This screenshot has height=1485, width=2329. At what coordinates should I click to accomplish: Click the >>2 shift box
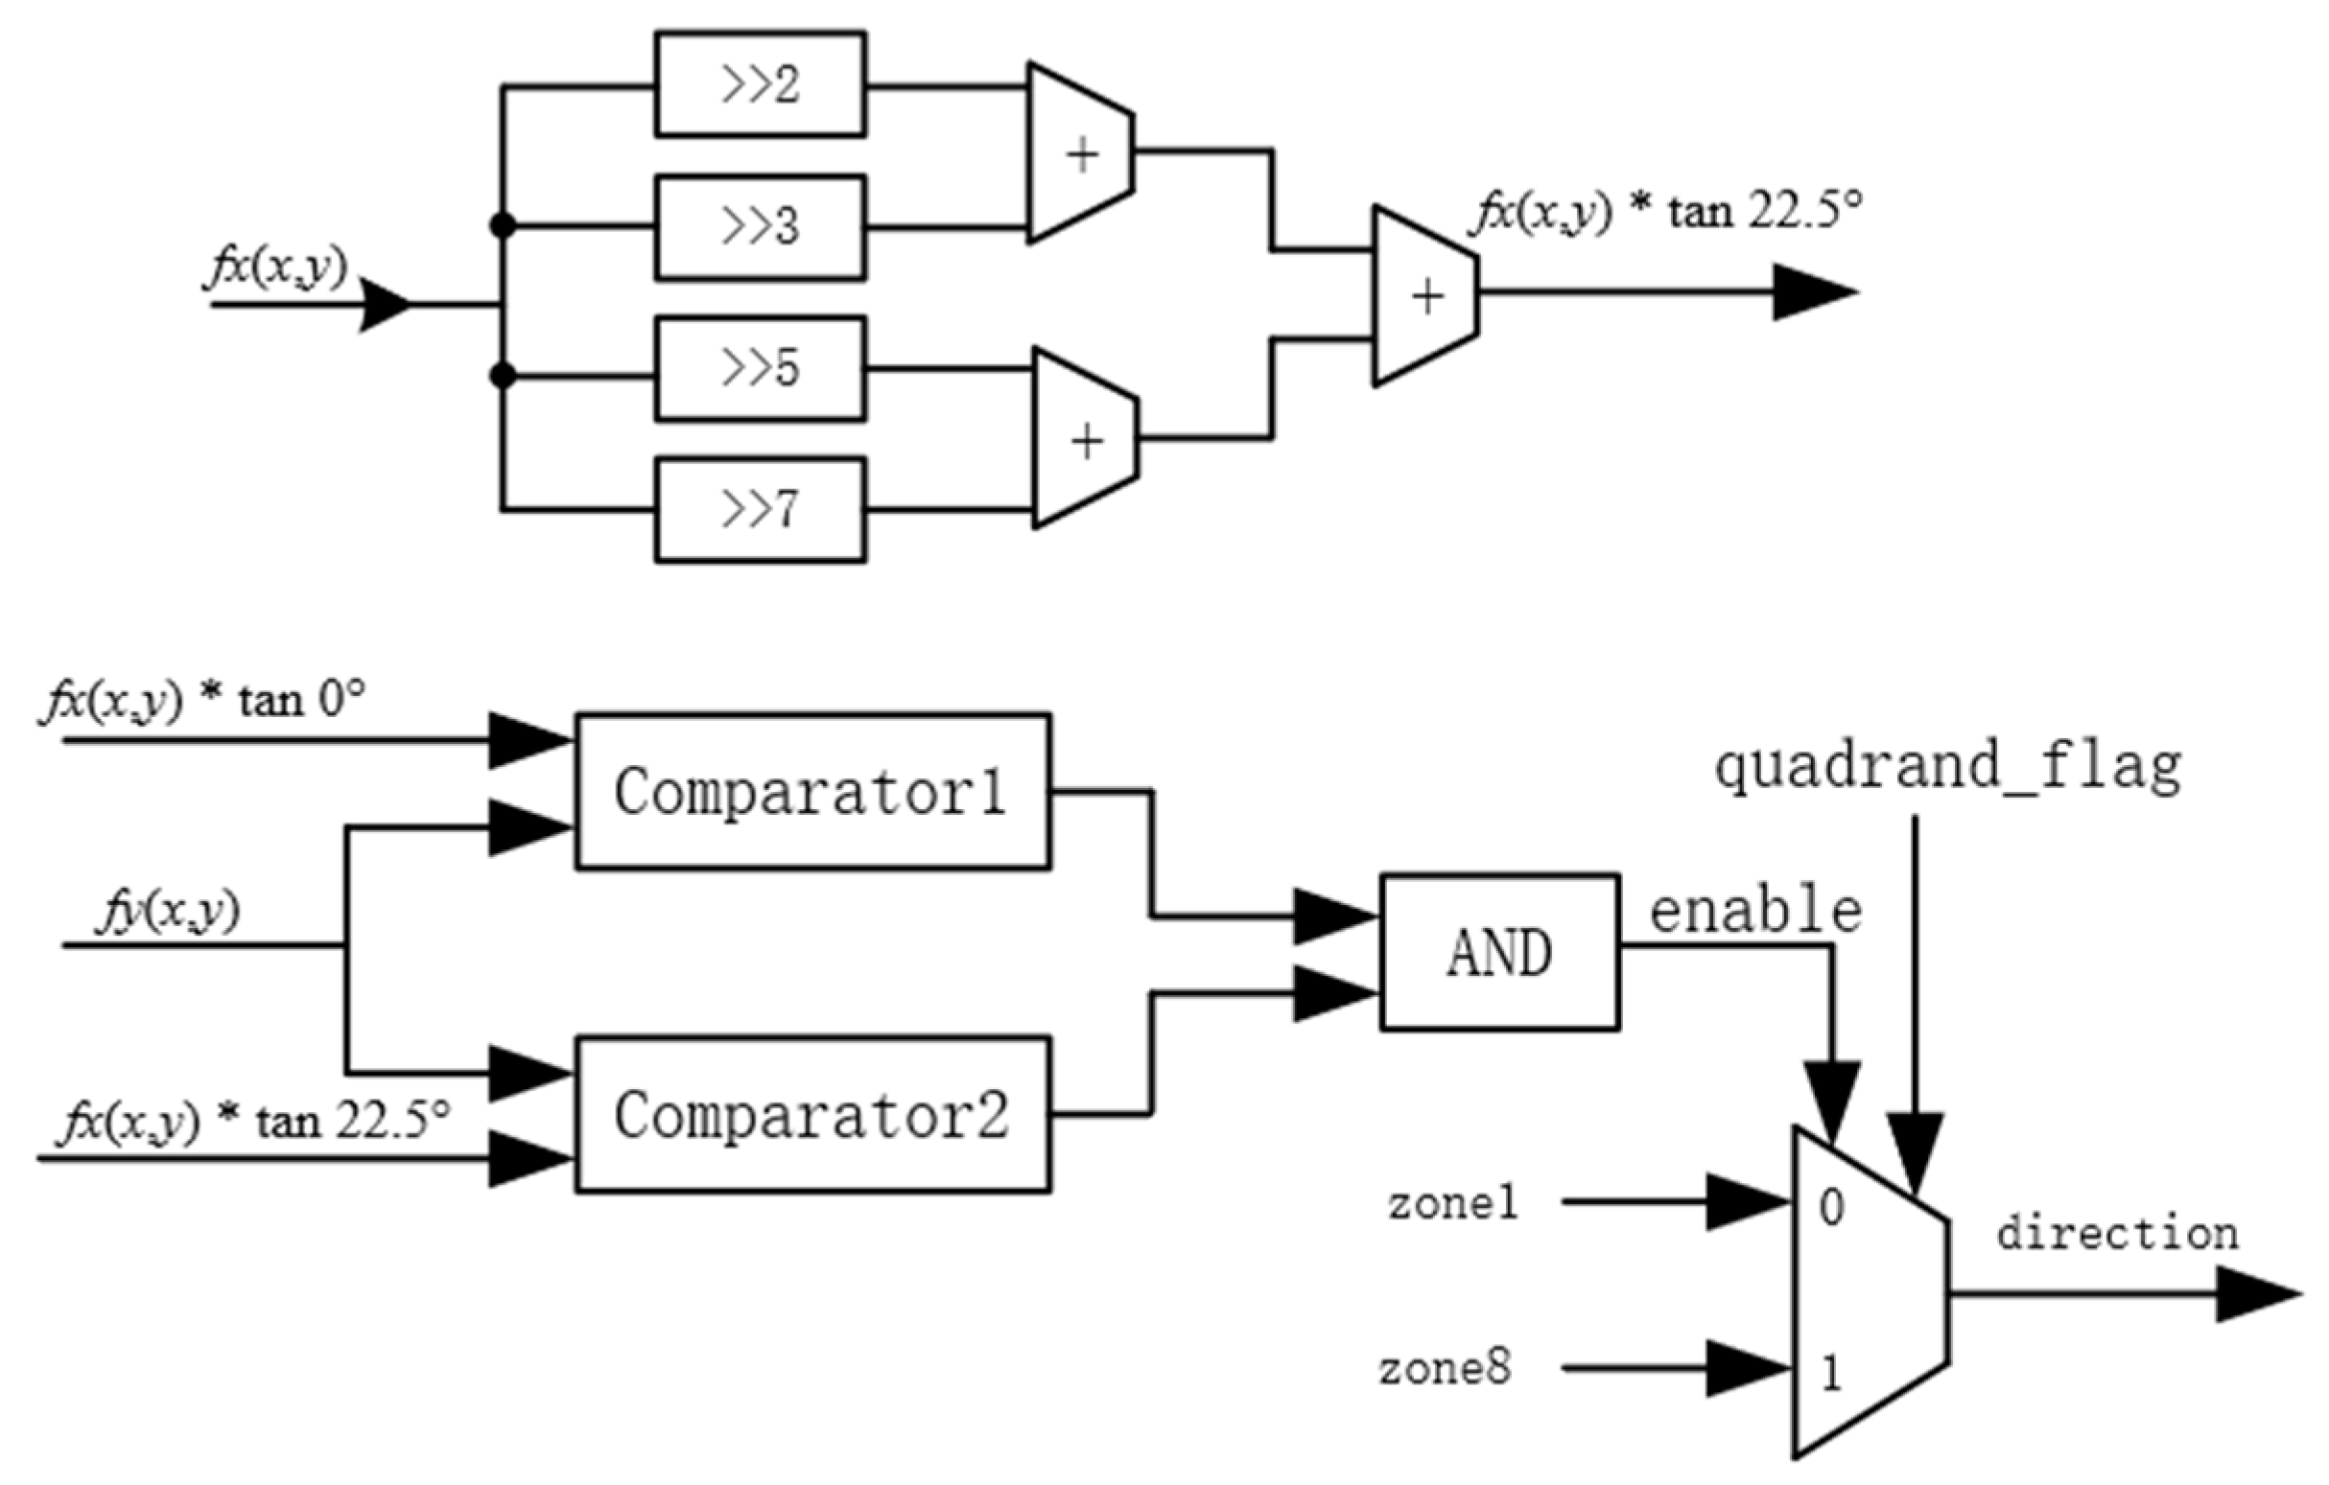click(761, 84)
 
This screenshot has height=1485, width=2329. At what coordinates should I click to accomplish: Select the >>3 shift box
click(761, 227)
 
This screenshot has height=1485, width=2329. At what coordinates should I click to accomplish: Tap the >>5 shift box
click(761, 368)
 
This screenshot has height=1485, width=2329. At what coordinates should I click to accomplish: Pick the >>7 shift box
click(761, 509)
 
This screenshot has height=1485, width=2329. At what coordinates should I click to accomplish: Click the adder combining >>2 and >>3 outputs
click(1080, 153)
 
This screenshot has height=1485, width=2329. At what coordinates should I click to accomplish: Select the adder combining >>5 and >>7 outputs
click(1086, 440)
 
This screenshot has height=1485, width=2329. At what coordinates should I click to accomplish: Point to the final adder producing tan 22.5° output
click(1425, 296)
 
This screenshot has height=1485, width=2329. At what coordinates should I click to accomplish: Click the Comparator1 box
click(812, 792)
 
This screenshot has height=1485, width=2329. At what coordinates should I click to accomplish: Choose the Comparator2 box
click(812, 1115)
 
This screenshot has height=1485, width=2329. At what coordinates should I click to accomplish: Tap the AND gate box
click(1499, 953)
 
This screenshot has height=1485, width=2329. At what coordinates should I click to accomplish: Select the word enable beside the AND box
click(1755, 911)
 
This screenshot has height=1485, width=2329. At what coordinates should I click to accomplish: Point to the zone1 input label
click(1452, 1204)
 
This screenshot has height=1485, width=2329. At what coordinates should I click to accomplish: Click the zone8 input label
click(1445, 1369)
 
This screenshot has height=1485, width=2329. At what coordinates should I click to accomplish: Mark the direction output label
click(2117, 1234)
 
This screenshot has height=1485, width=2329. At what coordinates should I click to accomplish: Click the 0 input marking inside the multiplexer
click(1831, 1208)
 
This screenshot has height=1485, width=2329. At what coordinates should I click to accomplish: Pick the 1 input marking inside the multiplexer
click(1831, 1374)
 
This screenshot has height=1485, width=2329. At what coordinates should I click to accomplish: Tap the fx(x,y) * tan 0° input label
click(203, 700)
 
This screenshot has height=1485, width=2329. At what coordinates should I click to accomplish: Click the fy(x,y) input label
click(168, 911)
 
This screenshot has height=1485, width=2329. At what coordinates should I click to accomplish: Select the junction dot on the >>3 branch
click(503, 226)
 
